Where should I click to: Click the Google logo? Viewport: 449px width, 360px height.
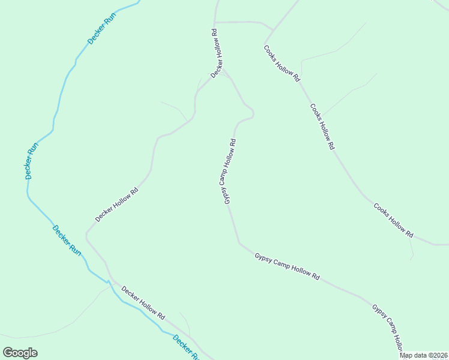(x=20, y=352)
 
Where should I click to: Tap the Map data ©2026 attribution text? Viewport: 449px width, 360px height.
(x=424, y=355)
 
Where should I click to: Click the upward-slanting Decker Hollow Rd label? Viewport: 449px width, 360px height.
(x=117, y=204)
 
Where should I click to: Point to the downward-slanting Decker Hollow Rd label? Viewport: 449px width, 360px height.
(x=143, y=302)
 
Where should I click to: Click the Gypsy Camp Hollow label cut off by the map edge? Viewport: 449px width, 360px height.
(x=387, y=327)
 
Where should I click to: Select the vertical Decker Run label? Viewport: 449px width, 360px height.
(x=31, y=161)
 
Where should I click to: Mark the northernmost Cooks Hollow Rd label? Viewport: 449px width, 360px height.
(x=282, y=63)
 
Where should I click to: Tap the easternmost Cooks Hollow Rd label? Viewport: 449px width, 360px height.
(x=393, y=219)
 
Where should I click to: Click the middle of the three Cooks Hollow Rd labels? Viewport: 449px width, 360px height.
(x=322, y=126)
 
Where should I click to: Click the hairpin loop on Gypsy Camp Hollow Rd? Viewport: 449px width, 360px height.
(x=252, y=113)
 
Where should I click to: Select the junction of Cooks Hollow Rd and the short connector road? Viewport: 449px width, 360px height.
(x=273, y=29)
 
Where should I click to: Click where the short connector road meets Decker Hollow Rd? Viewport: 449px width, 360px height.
(x=215, y=22)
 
